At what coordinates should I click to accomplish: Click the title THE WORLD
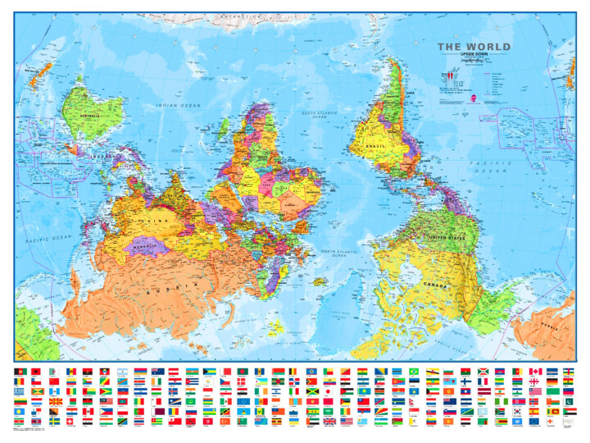474,47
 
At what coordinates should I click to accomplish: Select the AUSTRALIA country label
88,116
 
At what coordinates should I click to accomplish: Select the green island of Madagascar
220,126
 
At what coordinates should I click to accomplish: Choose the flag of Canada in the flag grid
537,372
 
